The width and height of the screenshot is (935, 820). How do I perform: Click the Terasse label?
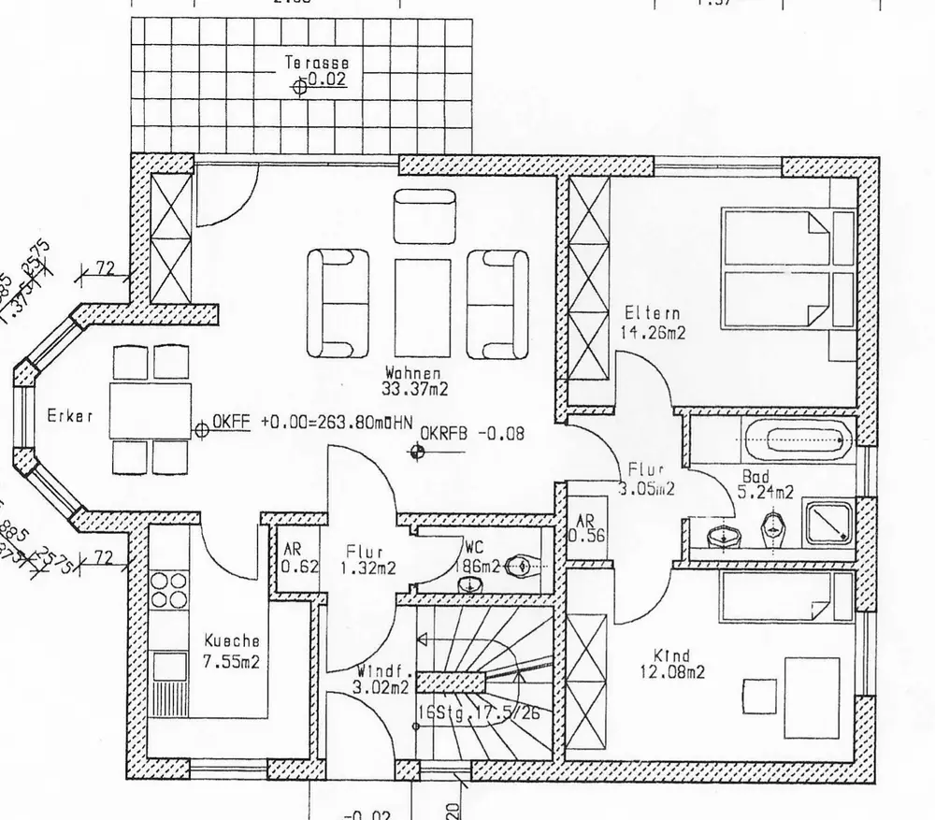tap(318, 64)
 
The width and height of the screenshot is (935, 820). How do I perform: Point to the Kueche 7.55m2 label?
tap(231, 651)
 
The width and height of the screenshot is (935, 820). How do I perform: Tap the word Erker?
tap(70, 417)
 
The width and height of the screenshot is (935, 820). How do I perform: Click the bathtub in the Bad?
tap(797, 437)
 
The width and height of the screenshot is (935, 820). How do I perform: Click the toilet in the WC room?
tap(525, 565)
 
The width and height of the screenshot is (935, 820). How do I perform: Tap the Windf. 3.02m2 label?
tap(381, 680)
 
